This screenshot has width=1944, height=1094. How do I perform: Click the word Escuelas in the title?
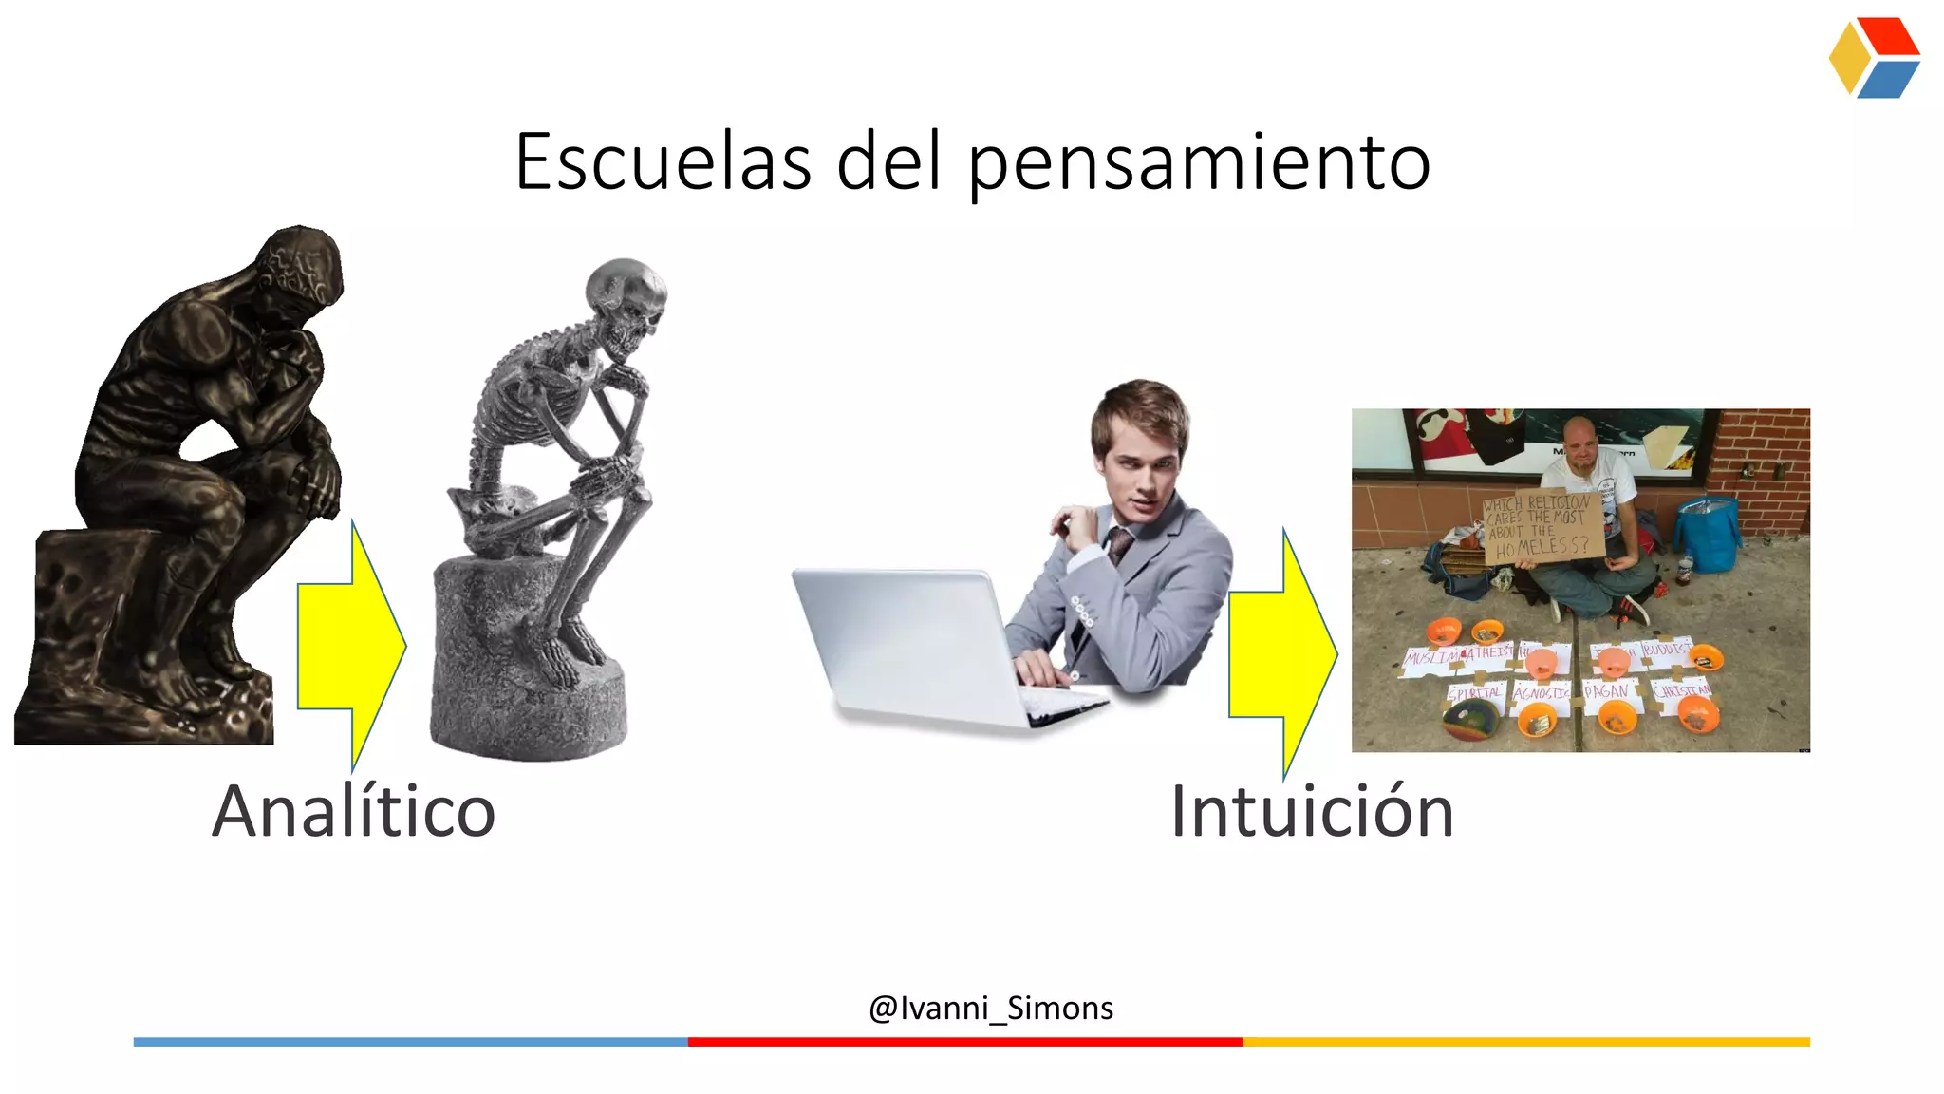663,161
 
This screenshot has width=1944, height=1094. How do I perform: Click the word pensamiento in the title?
1199,163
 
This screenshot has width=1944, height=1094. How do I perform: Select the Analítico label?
353,811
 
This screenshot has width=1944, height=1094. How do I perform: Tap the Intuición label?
1312,811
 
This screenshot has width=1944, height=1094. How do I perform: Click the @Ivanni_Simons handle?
991,1008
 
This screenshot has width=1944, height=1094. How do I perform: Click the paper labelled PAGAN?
1606,690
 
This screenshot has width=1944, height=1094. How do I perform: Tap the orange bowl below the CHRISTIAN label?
1693,715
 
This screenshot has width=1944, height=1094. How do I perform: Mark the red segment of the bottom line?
964,1042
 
